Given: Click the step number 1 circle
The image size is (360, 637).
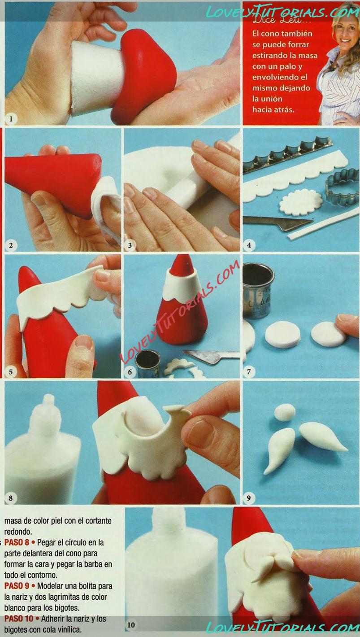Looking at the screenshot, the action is click(x=11, y=119).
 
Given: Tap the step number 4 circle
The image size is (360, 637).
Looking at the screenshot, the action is click(x=249, y=245).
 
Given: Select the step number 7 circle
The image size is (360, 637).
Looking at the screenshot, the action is click(x=249, y=372).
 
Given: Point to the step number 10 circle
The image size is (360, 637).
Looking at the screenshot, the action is click(x=131, y=625).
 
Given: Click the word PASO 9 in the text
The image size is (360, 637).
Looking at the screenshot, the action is click(x=17, y=586).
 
